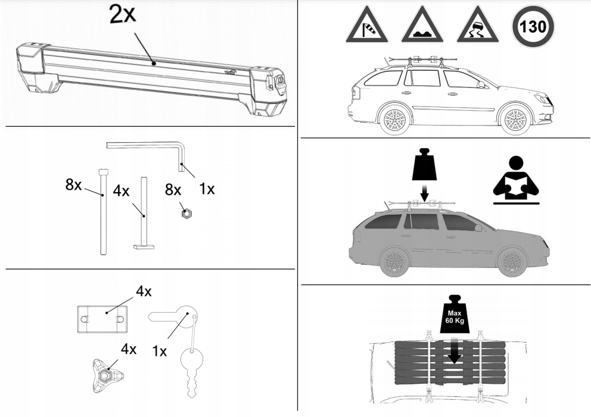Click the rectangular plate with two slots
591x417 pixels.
(104, 319)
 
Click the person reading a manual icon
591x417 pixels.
(515, 178)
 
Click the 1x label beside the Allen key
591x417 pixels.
(206, 189)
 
